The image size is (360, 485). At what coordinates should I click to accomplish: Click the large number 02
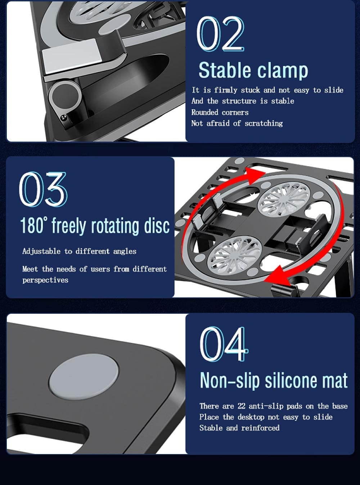220,34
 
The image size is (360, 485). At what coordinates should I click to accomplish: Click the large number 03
43,189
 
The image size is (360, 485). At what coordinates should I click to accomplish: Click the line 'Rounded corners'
220,112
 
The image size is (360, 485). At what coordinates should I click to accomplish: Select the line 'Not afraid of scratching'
237,123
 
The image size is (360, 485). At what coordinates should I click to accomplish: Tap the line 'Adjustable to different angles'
79,251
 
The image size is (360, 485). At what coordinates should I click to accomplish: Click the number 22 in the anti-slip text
242,406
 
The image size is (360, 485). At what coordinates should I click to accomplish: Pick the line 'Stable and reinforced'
239,428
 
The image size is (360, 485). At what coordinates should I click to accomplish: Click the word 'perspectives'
45,280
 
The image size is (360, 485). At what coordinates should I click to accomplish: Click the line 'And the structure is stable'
243,101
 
